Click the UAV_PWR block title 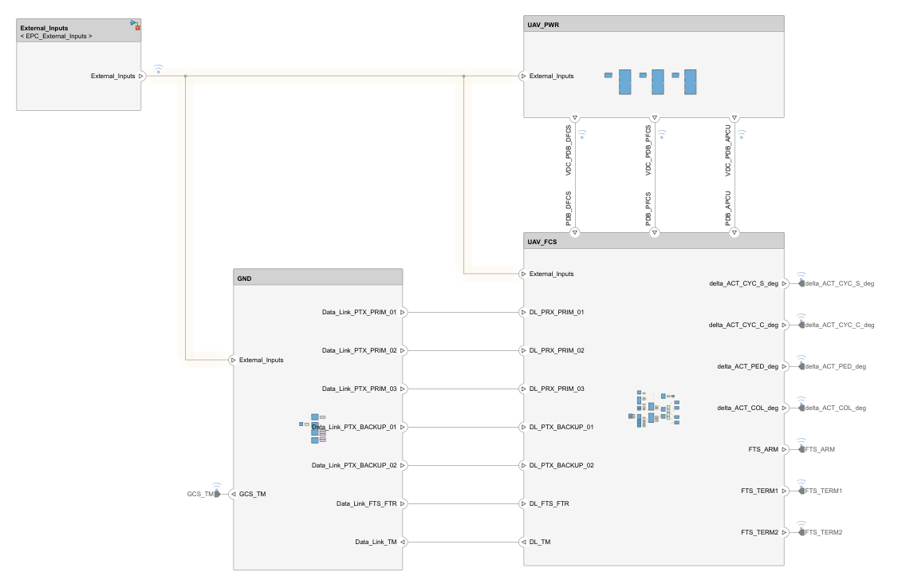[x=543, y=25]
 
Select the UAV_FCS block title [x=542, y=242]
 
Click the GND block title [x=244, y=278]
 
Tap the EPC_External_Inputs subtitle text [x=56, y=37]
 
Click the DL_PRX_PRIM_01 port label [x=557, y=312]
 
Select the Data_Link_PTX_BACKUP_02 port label [x=353, y=465]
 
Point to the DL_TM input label [x=540, y=542]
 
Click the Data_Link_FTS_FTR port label [x=366, y=503]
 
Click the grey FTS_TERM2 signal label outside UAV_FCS [x=824, y=532]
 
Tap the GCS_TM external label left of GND [x=200, y=494]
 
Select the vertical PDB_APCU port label [x=728, y=209]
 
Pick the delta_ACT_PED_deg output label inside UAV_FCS [x=747, y=366]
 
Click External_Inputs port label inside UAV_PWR [x=551, y=77]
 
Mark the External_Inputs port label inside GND [x=261, y=360]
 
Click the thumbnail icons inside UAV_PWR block [x=652, y=81]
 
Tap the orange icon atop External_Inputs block [x=137, y=28]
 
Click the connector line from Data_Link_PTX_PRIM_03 [x=463, y=389]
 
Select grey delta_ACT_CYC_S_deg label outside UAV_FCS [x=840, y=283]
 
